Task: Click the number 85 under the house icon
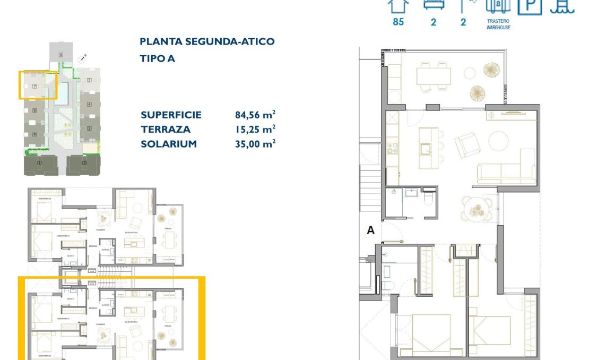pyautogui.click(x=398, y=22)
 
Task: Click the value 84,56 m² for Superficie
pyautogui.click(x=255, y=115)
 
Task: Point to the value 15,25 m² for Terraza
pyautogui.click(x=255, y=129)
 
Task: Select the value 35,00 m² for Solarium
pyautogui.click(x=255, y=143)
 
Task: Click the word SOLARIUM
pyautogui.click(x=169, y=144)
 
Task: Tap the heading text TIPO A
pyautogui.click(x=157, y=59)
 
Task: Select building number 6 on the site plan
pyautogui.click(x=61, y=55)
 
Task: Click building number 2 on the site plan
pyautogui.click(x=84, y=163)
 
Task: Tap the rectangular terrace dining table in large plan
pyautogui.click(x=433, y=76)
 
